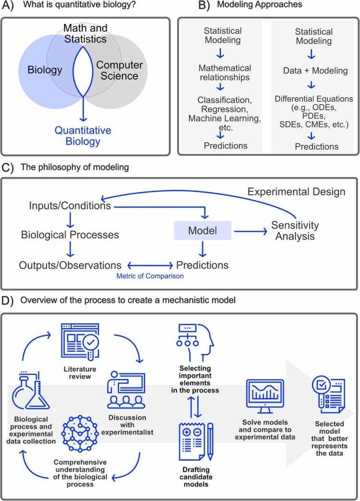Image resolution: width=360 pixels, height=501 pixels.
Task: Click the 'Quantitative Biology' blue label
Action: pos(83,136)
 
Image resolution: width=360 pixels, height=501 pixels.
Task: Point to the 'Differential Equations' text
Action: pos(314,99)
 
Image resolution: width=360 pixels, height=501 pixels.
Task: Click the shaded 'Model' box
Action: pos(202,231)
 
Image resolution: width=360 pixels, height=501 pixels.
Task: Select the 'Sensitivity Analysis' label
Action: pos(295,231)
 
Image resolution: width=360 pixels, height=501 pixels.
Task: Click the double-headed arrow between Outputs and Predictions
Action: pos(149,265)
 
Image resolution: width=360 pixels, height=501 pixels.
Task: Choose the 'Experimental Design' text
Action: pos(296,192)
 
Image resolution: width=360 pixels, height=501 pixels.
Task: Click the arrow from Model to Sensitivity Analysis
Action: pos(251,231)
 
